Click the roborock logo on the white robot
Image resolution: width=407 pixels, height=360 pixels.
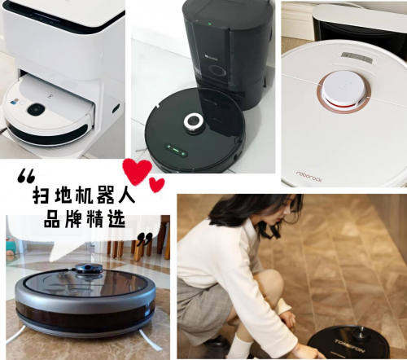tap(309, 177)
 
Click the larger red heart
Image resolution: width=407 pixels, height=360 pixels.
tap(137, 169)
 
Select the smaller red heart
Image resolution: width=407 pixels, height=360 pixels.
tap(156, 185)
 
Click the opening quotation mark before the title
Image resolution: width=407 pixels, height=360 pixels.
tap(26, 176)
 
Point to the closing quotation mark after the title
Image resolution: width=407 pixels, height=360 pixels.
tap(144, 239)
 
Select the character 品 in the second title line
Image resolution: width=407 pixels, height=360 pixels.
tap(52, 218)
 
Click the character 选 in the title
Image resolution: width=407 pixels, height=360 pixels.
tap(117, 218)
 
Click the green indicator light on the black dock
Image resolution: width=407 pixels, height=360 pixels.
tap(209, 24)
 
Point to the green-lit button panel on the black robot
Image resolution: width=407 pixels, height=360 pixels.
tap(176, 150)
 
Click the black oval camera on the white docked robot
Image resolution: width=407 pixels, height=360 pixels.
tap(36, 108)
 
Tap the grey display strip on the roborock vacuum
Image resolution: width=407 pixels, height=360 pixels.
tap(357, 58)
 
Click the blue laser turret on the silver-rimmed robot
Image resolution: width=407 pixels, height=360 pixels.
tap(88, 267)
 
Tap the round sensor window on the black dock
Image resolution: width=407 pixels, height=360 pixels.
tap(219, 71)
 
